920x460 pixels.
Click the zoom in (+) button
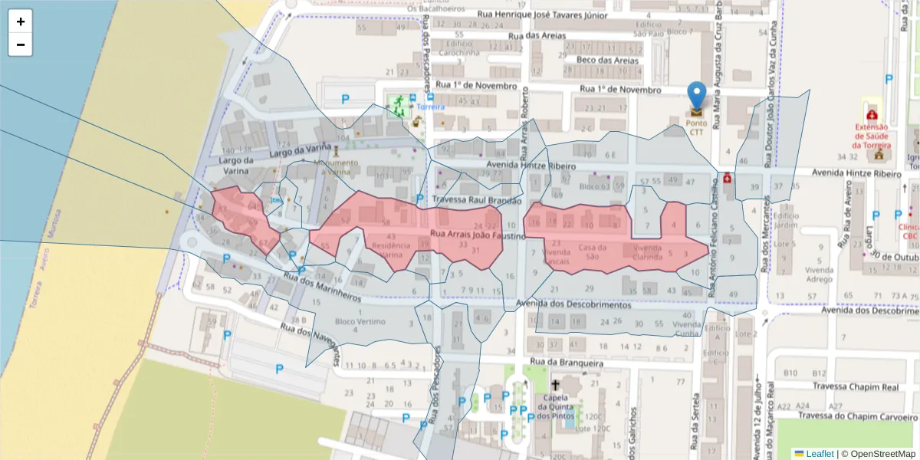click(x=21, y=21)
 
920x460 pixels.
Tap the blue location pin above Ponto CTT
click(x=696, y=96)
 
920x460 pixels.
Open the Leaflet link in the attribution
click(x=820, y=454)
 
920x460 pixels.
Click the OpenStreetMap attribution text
click(x=879, y=454)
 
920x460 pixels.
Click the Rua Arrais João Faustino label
click(x=478, y=235)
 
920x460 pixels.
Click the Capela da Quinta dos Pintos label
click(x=555, y=407)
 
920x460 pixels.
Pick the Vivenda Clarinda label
click(x=647, y=253)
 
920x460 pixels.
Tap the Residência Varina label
click(x=391, y=250)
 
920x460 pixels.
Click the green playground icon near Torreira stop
click(x=397, y=104)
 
